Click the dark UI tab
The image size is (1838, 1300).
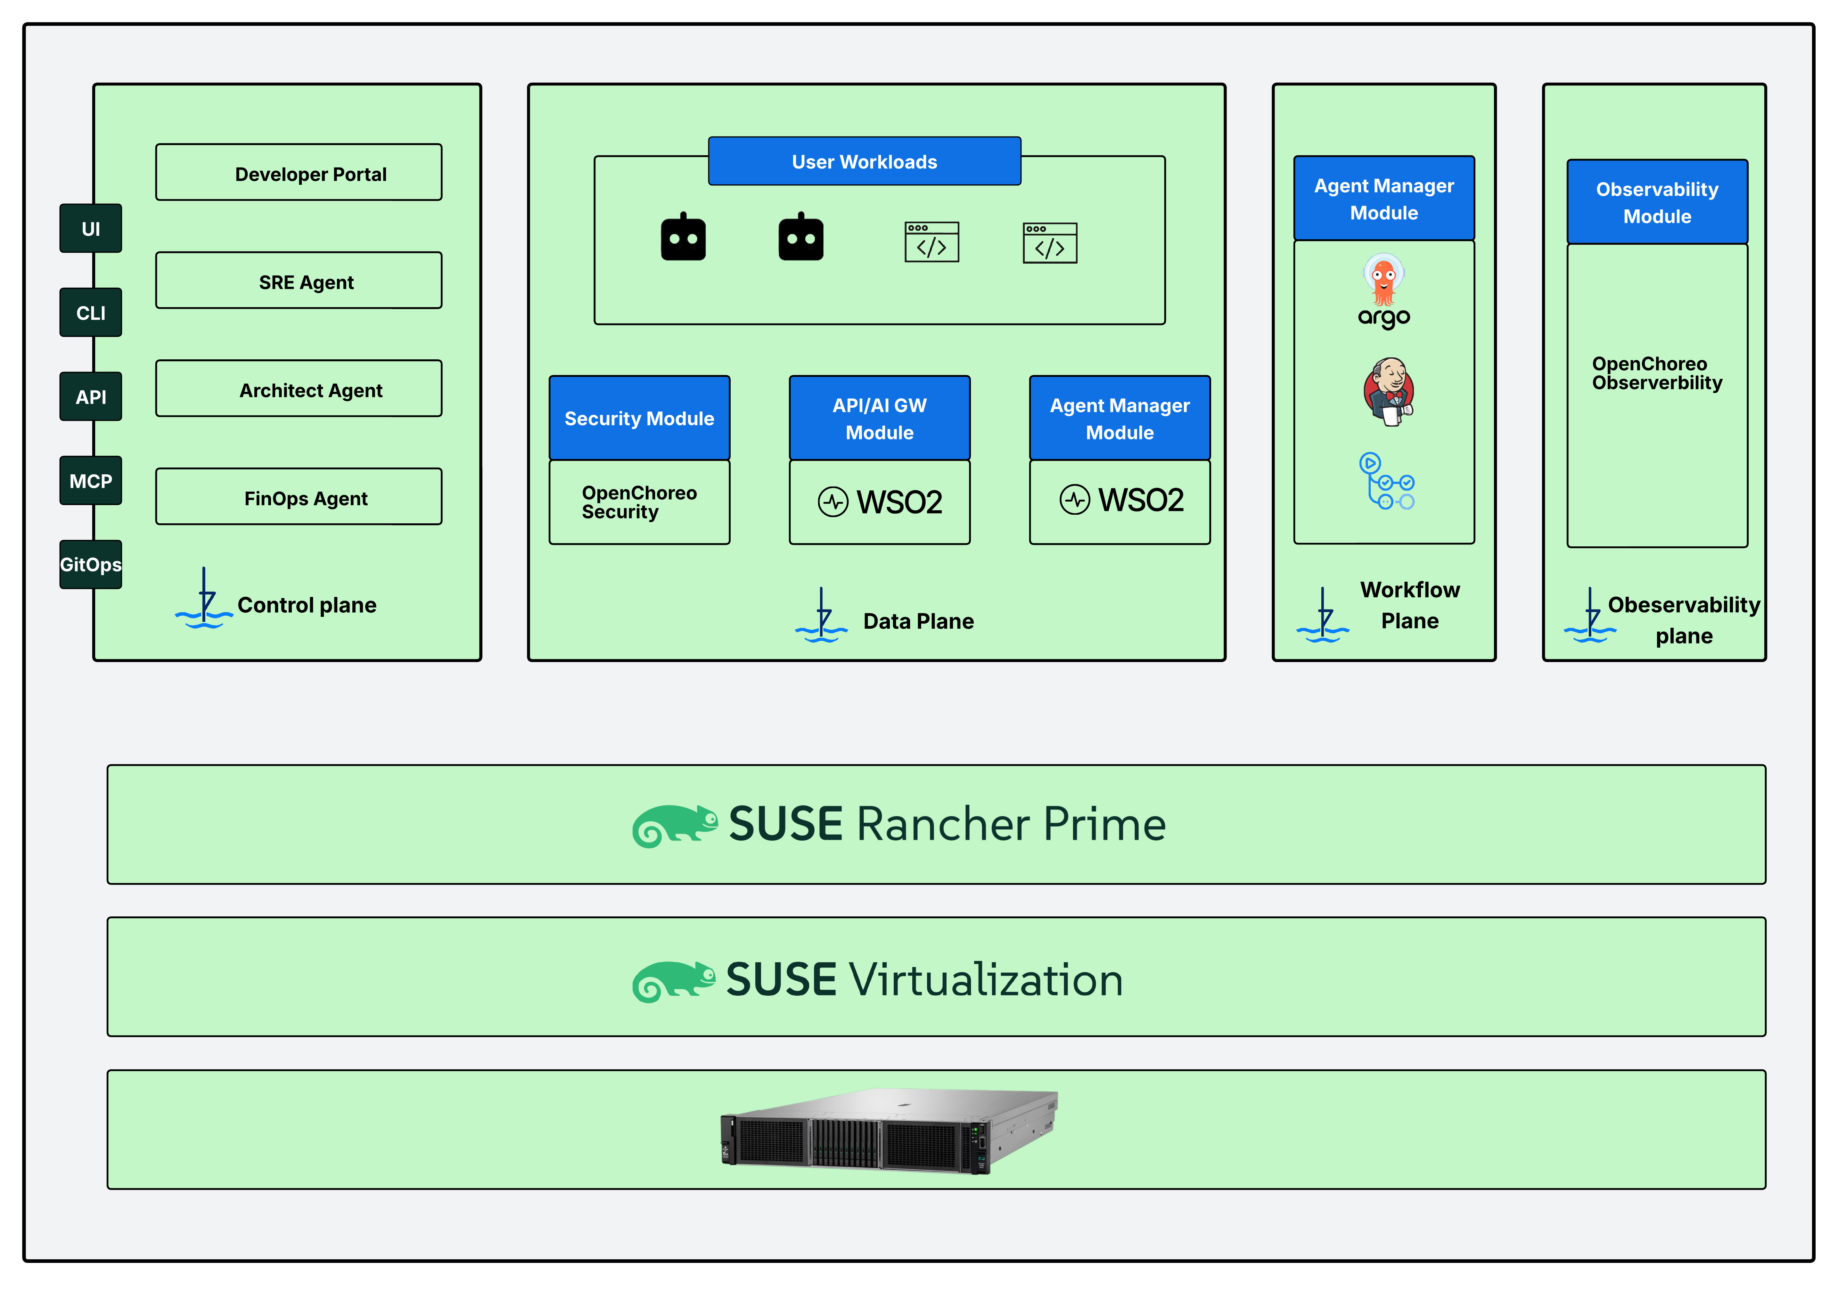[90, 229]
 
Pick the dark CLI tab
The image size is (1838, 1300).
[90, 313]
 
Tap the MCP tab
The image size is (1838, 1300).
[90, 481]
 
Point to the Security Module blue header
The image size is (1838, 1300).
[639, 418]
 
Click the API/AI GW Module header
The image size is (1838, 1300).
[879, 418]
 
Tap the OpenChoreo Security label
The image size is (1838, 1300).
[639, 503]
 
